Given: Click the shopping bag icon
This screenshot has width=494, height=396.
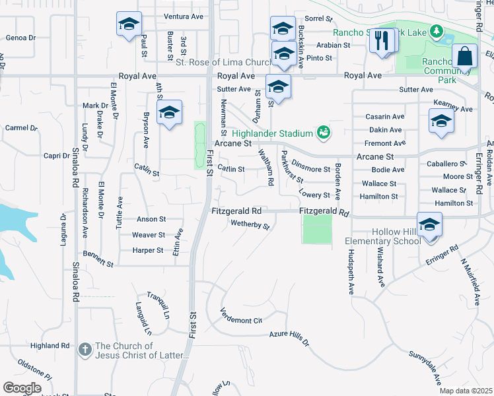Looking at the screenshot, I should (x=465, y=57).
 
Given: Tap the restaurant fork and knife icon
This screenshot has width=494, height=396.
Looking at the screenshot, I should (x=381, y=41).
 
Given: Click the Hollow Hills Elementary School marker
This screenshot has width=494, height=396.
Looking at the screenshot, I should (x=429, y=226).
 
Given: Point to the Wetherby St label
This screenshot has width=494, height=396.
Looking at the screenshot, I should (x=250, y=226).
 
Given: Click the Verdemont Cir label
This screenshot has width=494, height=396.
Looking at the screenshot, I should (x=241, y=316).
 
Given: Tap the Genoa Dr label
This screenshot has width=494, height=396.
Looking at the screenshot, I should (x=20, y=38).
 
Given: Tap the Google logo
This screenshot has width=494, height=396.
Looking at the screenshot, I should (x=21, y=388).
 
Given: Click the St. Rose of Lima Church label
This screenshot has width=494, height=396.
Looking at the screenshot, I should (x=224, y=63).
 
